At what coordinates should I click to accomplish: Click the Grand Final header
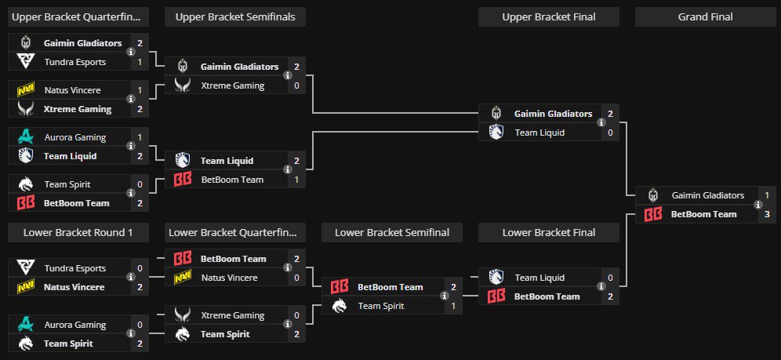(705, 16)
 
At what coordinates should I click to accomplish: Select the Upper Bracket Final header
(548, 16)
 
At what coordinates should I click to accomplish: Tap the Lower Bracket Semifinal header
(391, 232)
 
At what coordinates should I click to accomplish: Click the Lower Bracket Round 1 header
(78, 232)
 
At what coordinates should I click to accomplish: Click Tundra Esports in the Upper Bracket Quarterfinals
(74, 62)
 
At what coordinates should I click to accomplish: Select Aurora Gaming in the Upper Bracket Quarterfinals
(74, 137)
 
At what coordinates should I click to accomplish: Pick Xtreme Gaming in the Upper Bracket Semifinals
(232, 85)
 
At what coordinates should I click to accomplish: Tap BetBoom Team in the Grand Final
(703, 214)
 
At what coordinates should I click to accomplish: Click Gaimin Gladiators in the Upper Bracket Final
(553, 114)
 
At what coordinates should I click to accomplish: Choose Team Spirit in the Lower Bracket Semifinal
(381, 306)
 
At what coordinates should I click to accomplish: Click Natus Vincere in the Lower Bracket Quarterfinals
(234, 278)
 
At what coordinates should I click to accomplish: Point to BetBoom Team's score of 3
(767, 214)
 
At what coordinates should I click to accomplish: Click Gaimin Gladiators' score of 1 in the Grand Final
(767, 195)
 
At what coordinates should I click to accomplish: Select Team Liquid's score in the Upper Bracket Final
(610, 133)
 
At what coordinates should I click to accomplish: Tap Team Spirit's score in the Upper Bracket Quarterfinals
(140, 184)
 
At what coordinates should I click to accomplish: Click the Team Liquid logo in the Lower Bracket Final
(496, 278)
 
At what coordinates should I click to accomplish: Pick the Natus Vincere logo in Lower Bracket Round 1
(25, 287)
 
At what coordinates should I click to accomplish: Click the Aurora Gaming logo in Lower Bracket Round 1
(25, 325)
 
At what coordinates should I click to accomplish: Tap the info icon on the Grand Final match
(757, 205)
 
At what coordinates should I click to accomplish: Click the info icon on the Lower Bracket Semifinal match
(444, 296)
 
